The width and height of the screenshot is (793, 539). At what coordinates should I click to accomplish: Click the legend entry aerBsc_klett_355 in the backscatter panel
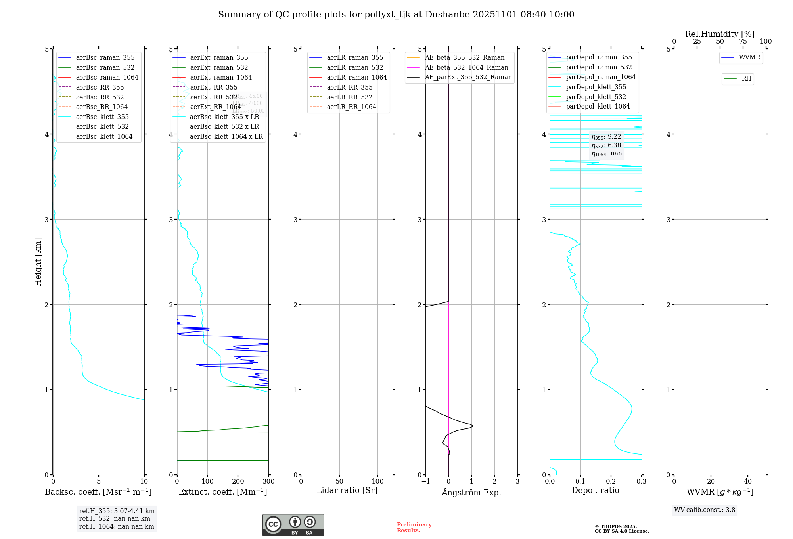coord(102,117)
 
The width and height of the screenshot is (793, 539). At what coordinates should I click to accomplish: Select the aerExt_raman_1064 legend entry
coord(220,77)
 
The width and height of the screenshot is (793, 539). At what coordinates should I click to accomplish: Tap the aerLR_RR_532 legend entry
coord(349,97)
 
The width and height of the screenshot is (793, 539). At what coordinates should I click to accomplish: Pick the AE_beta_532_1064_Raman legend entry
coord(466,67)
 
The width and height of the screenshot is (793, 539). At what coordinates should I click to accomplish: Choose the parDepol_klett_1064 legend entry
coord(598,106)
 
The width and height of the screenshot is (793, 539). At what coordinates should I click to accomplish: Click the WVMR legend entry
coord(749,57)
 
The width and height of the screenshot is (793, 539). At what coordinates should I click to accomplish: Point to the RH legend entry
coord(746,79)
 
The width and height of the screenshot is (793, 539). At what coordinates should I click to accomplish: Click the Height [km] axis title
coord(38,262)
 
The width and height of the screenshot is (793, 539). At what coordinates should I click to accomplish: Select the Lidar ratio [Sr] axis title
coord(347,490)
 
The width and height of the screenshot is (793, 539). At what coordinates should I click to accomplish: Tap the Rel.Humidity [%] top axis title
coord(720,34)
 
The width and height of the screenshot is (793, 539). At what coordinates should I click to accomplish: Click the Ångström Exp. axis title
coord(471,492)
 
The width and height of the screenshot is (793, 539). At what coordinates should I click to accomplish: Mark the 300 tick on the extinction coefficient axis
coord(268,482)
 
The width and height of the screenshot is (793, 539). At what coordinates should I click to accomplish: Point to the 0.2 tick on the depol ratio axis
coord(611,482)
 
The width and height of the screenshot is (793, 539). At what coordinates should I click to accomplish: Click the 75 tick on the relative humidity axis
coord(743,42)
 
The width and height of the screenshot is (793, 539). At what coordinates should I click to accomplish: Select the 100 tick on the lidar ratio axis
coord(377,482)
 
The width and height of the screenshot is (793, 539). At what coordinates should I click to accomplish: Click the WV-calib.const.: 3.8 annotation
coord(704,510)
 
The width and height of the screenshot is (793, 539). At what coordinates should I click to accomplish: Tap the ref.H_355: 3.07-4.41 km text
coord(117,511)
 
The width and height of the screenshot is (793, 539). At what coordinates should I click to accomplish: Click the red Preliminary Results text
coord(414,528)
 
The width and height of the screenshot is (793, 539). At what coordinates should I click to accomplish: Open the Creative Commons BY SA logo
coord(293,525)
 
